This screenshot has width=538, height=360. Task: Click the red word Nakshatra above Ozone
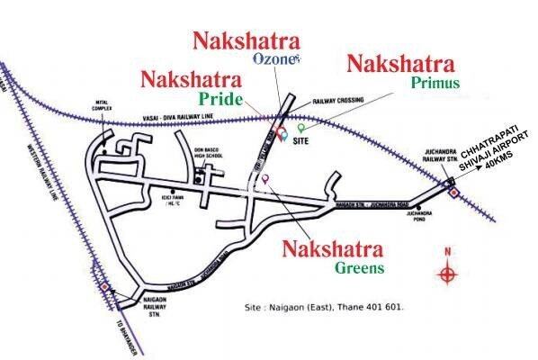coord(245,40)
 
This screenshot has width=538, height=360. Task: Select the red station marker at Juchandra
coord(453,189)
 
